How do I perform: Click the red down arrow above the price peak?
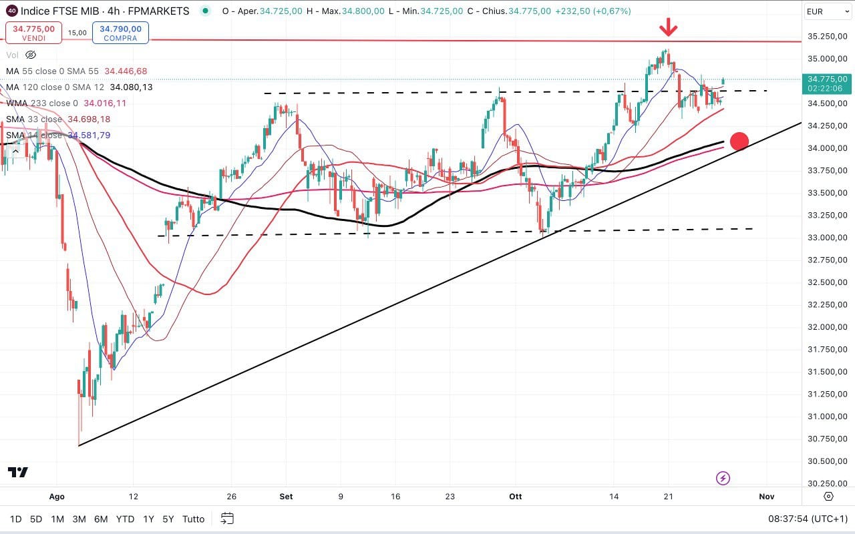pos(669,27)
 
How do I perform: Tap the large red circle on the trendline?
pos(739,141)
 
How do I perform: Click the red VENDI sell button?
pos(29,33)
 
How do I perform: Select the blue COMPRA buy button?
pos(121,33)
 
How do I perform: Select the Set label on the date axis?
pos(286,497)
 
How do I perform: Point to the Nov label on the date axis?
pos(766,497)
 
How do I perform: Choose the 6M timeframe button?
pos(101,519)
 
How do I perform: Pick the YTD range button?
pos(125,519)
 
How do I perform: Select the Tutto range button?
pos(193,519)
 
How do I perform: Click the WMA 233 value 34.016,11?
pos(105,103)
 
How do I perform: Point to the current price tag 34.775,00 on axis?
pos(828,79)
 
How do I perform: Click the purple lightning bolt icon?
pos(723,478)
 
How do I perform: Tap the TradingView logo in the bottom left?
pos(18,473)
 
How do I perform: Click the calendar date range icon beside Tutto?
pos(227,519)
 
